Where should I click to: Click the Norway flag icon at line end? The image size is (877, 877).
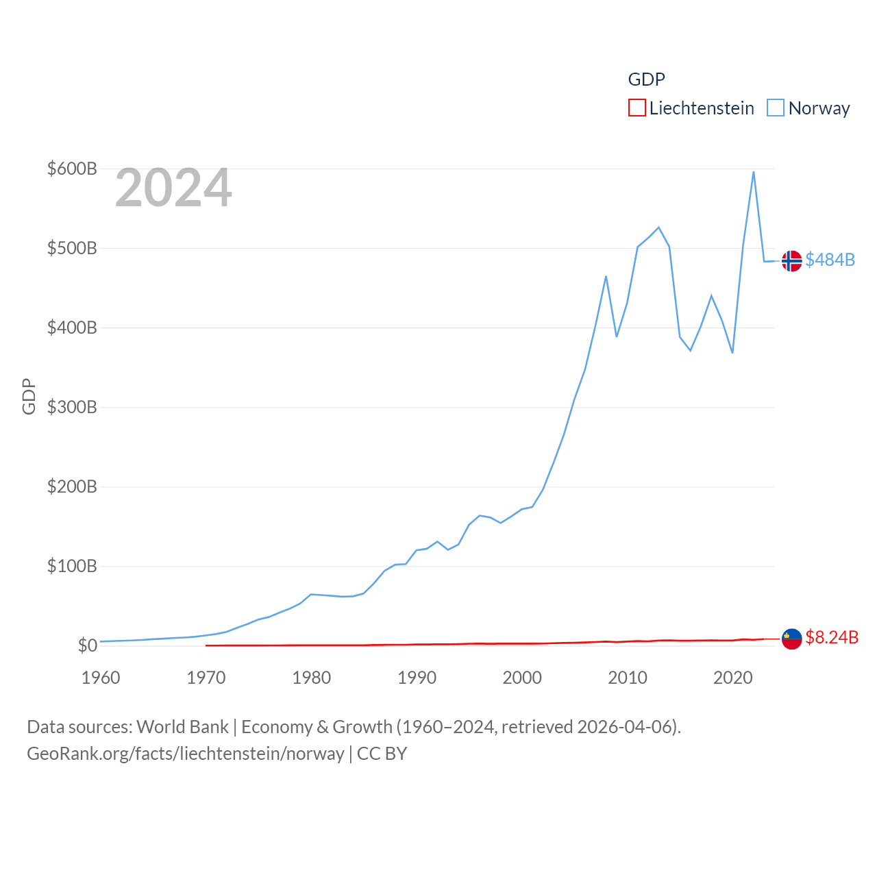[791, 261]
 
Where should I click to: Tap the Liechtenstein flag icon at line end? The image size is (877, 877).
[791, 639]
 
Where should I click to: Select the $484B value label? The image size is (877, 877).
[830, 260]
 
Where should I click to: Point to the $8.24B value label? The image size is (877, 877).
[831, 637]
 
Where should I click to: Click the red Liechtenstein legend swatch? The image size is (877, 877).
[637, 108]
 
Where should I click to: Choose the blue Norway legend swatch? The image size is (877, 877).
[775, 108]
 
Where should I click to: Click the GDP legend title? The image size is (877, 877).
[646, 79]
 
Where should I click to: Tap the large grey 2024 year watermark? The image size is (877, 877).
[173, 188]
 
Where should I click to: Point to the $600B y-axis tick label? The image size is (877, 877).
[72, 169]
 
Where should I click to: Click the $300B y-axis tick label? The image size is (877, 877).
[72, 407]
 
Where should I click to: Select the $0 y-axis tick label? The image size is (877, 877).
[87, 645]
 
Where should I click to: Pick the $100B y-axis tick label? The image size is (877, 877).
[72, 566]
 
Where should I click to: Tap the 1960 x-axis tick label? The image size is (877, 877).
[101, 678]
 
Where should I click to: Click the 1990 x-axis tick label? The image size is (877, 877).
[417, 678]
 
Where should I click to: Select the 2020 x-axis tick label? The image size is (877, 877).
[733, 678]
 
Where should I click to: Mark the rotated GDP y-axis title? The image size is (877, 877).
[29, 396]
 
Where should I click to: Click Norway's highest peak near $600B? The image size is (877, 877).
[754, 172]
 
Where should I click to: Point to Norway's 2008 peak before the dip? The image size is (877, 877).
[606, 276]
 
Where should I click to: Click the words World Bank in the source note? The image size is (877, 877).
[182, 727]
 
